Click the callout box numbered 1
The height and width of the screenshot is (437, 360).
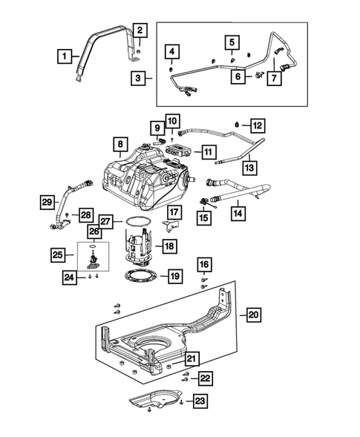click(x=66, y=55)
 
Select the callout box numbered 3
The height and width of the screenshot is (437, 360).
click(x=138, y=76)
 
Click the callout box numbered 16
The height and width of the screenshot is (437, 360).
click(x=204, y=264)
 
